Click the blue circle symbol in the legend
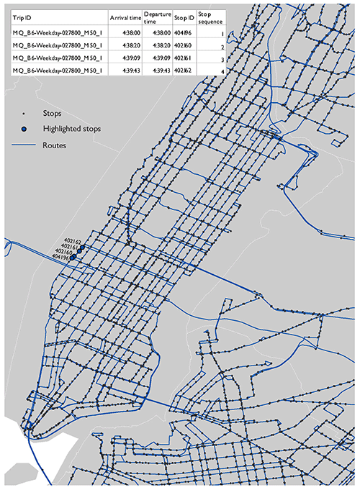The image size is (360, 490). [x=24, y=128]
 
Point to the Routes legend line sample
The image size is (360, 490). [x=24, y=145]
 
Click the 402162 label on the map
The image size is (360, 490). [x=73, y=241]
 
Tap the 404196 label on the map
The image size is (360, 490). [x=58, y=258]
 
